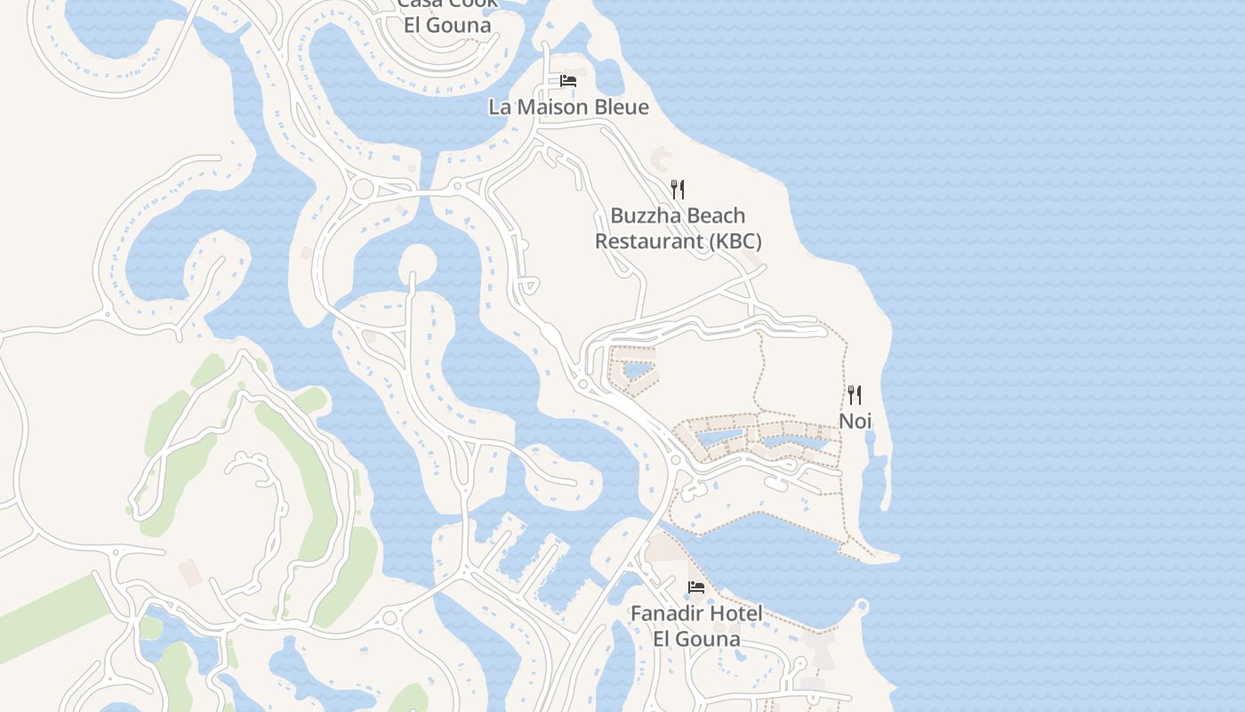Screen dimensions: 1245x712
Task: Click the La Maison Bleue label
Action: coord(568,107)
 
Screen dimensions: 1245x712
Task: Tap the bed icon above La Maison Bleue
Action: coord(568,81)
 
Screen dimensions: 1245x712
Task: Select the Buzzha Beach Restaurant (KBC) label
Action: coord(678,229)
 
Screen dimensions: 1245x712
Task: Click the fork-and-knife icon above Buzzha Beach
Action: coord(678,189)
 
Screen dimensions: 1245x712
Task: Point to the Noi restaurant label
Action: coord(855,421)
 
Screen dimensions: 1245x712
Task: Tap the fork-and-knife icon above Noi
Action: coord(855,394)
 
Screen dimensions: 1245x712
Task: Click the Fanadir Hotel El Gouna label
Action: coord(696,626)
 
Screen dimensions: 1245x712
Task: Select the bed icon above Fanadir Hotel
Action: coord(696,587)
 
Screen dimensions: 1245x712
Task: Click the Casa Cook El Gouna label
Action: coord(447,14)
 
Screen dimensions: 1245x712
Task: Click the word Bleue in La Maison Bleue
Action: coord(622,107)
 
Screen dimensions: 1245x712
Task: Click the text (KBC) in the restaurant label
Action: coord(735,241)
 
